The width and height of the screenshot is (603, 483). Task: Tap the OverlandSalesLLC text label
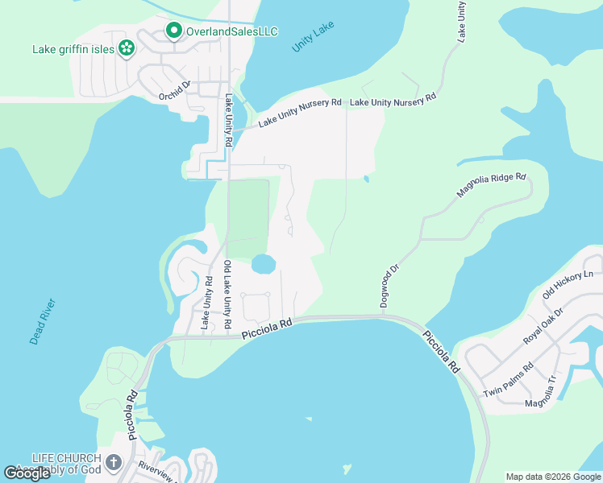[x=232, y=31]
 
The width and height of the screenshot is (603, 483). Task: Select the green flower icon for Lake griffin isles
[x=126, y=49]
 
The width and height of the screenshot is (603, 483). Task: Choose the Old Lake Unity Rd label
[x=228, y=294]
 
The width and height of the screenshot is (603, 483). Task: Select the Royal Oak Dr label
[x=545, y=324]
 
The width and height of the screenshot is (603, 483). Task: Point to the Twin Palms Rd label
[x=508, y=380]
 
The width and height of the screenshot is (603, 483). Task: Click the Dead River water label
[x=43, y=322]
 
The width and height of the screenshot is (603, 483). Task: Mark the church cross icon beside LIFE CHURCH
[x=114, y=463]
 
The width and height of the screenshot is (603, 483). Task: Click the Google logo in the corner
[x=27, y=473]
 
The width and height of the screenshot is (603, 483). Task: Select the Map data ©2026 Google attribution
[x=552, y=477]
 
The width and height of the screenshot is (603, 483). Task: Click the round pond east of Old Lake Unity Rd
[x=264, y=264]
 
